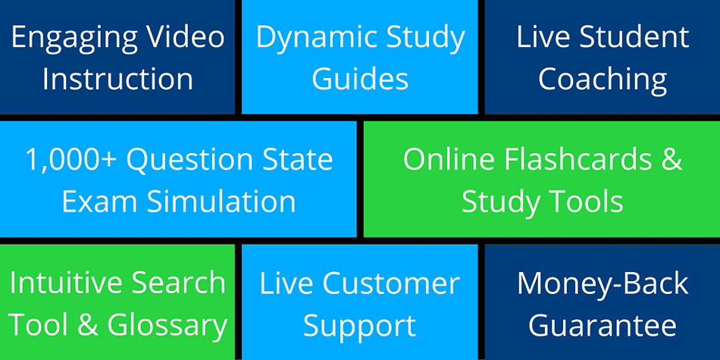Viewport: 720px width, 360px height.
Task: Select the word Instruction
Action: click(x=117, y=79)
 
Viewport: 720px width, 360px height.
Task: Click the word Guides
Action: click(x=360, y=79)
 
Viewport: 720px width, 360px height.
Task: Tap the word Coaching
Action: click(x=603, y=79)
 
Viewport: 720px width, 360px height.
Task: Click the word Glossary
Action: click(x=167, y=325)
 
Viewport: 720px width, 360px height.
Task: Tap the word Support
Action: click(x=360, y=325)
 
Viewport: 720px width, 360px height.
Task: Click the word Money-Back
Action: click(x=603, y=283)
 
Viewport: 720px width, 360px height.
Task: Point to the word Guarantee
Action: click(x=603, y=325)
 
